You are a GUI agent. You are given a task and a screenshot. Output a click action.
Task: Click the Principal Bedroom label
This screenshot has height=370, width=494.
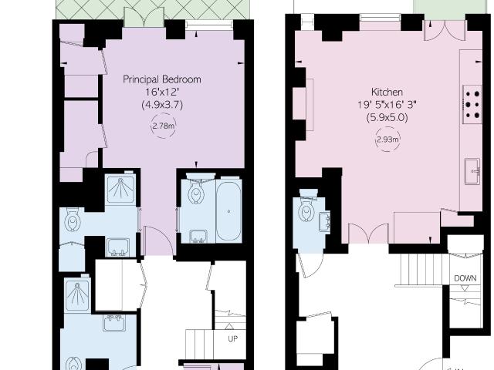click(162, 79)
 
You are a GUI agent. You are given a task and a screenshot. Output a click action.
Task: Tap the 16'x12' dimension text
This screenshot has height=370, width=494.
click(161, 92)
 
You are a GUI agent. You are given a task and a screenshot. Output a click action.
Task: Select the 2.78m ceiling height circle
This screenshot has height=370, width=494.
click(163, 126)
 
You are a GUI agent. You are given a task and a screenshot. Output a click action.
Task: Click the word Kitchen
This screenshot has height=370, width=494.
click(387, 92)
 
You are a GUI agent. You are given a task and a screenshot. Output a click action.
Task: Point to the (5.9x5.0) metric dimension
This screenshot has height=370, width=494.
click(387, 118)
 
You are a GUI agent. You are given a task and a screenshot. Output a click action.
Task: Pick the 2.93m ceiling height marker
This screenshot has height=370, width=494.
click(387, 140)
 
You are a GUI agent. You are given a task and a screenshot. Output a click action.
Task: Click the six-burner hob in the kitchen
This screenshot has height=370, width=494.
click(472, 105)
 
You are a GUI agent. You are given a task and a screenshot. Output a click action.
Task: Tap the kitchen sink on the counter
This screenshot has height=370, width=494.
click(472, 171)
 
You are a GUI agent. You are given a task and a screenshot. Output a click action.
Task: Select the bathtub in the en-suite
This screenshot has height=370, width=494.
click(228, 210)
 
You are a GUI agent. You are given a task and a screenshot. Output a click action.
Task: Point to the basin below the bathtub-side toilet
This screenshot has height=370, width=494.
click(198, 237)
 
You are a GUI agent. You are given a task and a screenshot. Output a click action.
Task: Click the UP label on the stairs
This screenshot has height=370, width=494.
click(232, 339)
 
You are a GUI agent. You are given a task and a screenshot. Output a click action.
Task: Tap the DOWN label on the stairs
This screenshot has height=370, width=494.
click(465, 278)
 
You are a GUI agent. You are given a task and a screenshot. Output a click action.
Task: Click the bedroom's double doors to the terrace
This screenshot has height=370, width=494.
click(144, 18)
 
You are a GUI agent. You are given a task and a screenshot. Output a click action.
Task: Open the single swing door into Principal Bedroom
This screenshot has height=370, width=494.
click(158, 240)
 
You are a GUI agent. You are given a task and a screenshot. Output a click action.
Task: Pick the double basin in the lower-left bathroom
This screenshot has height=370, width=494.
click(115, 324)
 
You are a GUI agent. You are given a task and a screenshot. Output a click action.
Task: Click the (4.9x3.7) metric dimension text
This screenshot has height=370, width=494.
click(162, 105)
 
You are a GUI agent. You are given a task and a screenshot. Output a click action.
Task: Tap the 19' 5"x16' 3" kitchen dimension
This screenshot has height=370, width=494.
click(387, 105)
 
